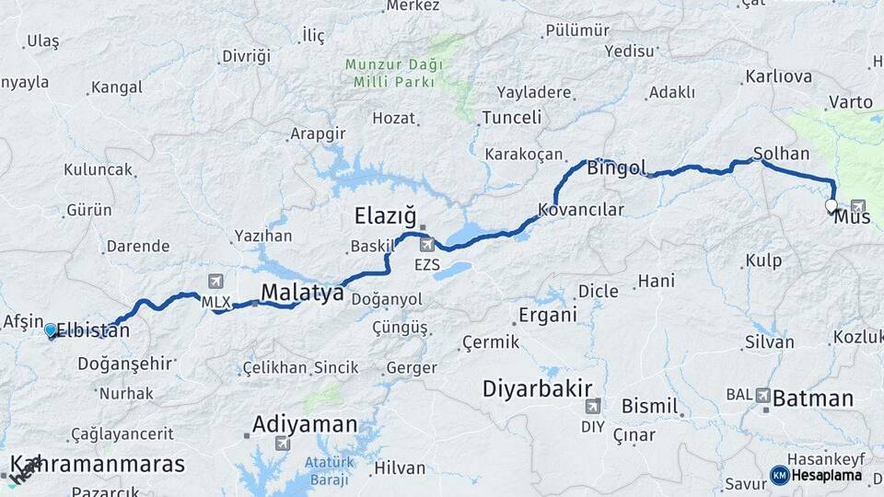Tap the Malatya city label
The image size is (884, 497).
(302, 293)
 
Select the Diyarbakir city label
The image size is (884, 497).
(537, 388)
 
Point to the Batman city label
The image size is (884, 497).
(813, 399)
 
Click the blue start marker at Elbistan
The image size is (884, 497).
(51, 329)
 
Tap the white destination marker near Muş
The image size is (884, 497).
(832, 206)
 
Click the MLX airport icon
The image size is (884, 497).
(215, 281)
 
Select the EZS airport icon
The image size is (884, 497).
(427, 246)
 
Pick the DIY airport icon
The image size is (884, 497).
(594, 406)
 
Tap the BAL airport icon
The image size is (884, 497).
(763, 395)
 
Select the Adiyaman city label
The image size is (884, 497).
(304, 424)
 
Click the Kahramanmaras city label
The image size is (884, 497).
(98, 464)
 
